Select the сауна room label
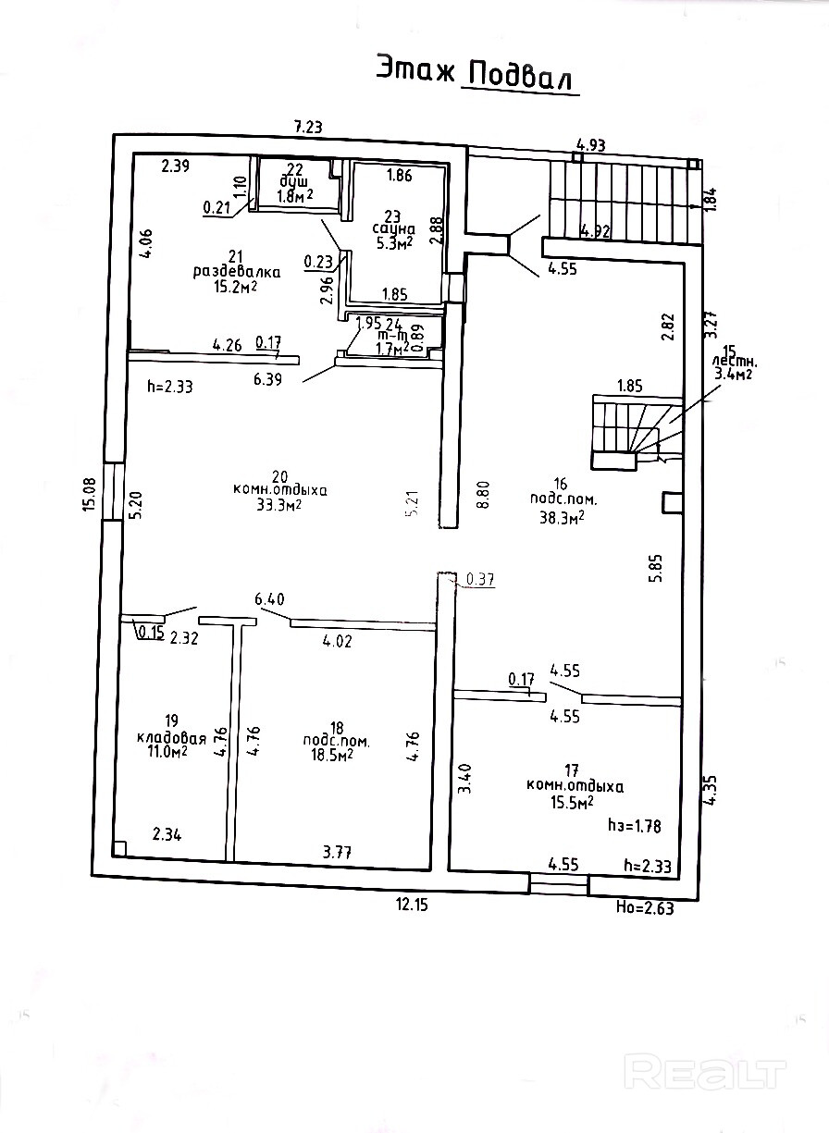tap(394, 228)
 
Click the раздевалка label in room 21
tap(236, 272)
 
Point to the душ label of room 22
tap(295, 181)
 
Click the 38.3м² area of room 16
tap(561, 519)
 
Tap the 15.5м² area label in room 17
tap(572, 804)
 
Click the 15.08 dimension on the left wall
tap(89, 493)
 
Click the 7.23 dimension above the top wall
tap(308, 128)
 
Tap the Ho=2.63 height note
tap(644, 908)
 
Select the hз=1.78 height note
tap(634, 822)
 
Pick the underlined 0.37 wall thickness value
tap(481, 580)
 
